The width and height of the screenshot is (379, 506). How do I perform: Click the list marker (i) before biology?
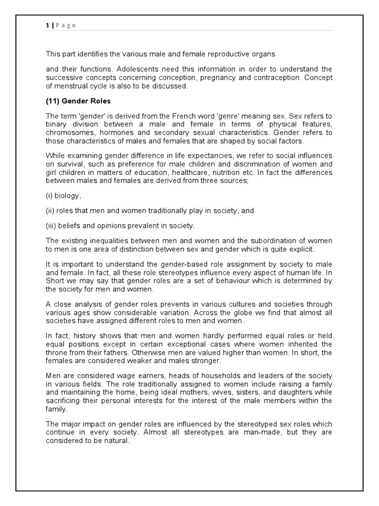coord(50,195)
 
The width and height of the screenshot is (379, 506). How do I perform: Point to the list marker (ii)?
coord(51,210)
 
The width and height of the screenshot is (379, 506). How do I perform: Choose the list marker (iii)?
coord(52,226)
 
